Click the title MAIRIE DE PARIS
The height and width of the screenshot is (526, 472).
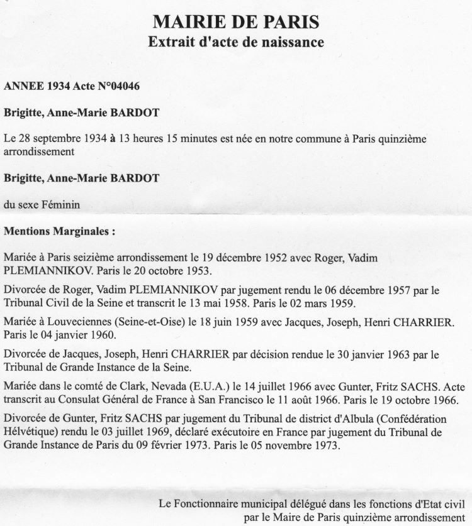[x=236, y=23]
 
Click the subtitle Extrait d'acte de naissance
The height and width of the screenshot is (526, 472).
[x=236, y=43]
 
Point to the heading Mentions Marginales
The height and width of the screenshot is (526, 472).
[x=59, y=231]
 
